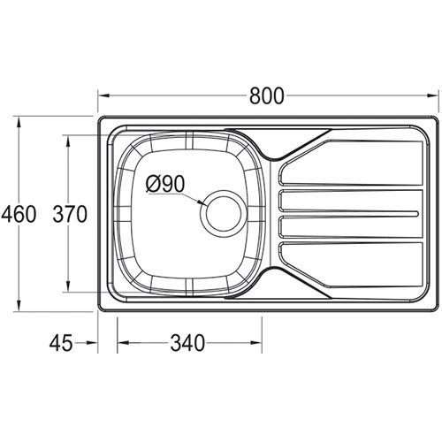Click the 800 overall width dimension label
267,96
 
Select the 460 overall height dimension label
19,214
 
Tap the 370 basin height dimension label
70,214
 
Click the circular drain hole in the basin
221,213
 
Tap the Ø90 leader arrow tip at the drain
204,206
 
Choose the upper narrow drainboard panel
349,201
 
